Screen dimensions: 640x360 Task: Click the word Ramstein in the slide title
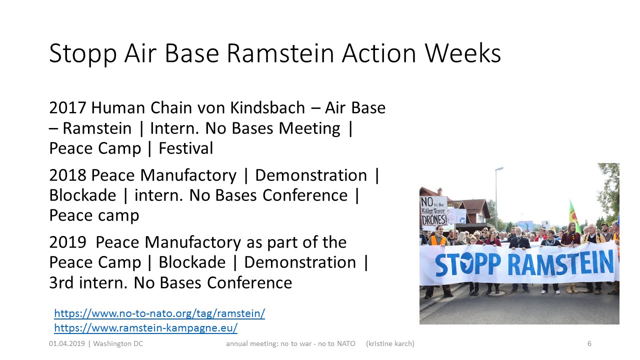click(x=280, y=53)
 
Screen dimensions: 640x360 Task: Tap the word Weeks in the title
click(x=463, y=53)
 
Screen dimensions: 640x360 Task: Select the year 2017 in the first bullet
click(x=67, y=108)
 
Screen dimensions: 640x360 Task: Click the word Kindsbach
click(x=267, y=107)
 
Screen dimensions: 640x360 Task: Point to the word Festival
click(x=185, y=148)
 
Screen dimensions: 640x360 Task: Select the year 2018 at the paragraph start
click(x=67, y=175)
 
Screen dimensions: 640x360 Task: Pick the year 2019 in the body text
click(x=67, y=242)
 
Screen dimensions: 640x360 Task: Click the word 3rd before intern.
click(x=61, y=283)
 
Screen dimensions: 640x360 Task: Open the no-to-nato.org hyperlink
click(x=159, y=313)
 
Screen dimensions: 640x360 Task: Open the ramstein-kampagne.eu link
click(x=145, y=328)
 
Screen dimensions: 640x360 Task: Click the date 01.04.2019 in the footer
click(x=67, y=343)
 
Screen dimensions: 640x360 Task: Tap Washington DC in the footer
click(x=118, y=343)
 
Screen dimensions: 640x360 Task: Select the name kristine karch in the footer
click(x=390, y=343)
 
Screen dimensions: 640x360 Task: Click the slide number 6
click(x=589, y=343)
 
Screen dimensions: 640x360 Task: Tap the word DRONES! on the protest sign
click(x=434, y=219)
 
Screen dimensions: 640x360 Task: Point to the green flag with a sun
click(x=573, y=215)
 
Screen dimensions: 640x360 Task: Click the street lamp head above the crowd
click(x=499, y=168)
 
